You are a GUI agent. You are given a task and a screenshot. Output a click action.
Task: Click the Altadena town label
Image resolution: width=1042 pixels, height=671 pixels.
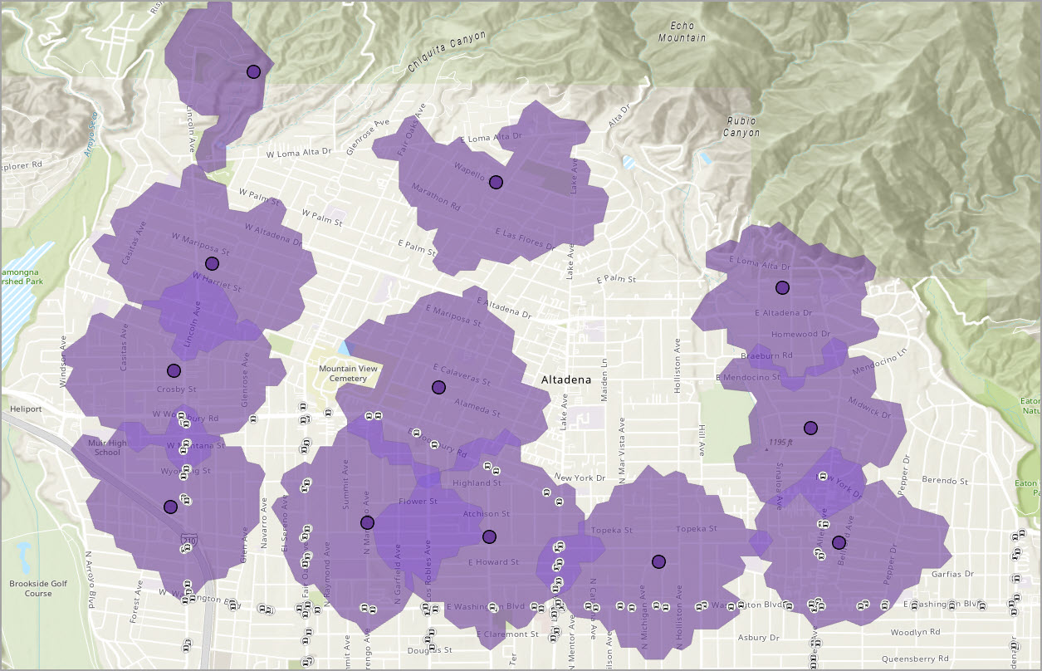(566, 380)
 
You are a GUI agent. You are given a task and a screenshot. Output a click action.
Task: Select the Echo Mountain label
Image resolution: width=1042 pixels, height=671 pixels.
(682, 32)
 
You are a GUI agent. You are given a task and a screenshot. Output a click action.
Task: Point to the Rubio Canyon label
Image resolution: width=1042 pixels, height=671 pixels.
(741, 126)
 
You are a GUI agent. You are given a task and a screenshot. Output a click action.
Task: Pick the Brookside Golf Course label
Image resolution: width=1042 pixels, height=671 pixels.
(37, 588)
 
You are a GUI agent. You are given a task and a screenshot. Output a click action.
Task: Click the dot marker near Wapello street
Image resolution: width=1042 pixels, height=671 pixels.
(496, 182)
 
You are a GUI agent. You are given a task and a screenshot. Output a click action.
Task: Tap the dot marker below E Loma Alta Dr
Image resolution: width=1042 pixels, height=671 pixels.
(781, 287)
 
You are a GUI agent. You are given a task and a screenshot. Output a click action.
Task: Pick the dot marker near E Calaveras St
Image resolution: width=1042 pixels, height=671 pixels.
(438, 387)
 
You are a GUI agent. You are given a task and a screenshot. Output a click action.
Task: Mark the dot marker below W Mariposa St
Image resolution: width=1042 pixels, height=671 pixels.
(212, 263)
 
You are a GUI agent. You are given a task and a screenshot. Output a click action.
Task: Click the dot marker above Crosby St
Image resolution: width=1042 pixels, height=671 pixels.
(174, 370)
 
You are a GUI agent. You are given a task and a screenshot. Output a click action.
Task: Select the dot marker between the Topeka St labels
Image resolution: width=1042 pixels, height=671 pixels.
(659, 561)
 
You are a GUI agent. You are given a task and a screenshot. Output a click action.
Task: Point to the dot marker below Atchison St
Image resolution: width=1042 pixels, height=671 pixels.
(489, 536)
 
